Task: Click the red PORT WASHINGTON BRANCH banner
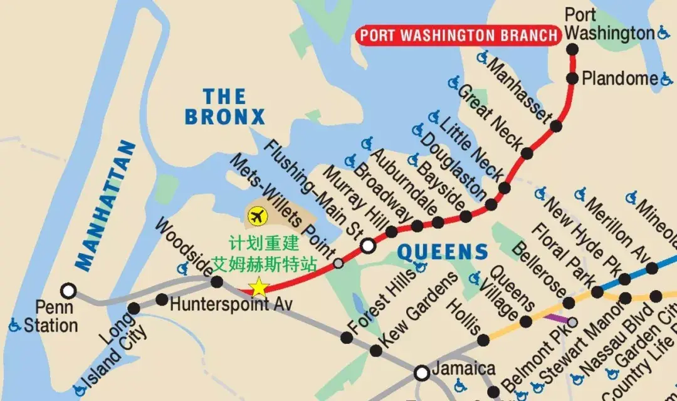[458, 35]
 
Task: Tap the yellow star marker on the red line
[258, 288]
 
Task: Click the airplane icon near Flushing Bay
[257, 217]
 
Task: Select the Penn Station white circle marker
[68, 291]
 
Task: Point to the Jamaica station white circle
[422, 373]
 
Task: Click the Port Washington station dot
[572, 49]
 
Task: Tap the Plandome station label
[620, 79]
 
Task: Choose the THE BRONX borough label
[224, 107]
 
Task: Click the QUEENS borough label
[443, 253]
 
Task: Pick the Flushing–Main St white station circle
[369, 246]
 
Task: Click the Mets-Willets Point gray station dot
[338, 263]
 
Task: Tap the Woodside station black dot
[217, 282]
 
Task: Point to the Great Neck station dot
[527, 153]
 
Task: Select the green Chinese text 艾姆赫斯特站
[263, 264]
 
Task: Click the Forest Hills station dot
[347, 338]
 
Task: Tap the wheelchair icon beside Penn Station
[15, 325]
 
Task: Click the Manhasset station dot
[556, 126]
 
